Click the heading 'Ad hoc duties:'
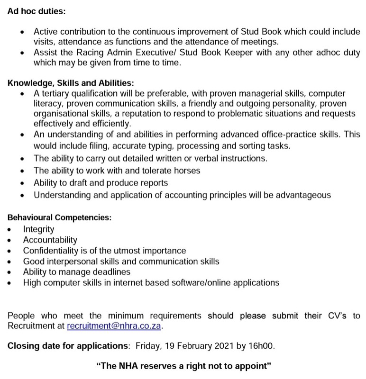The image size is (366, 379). (x=37, y=10)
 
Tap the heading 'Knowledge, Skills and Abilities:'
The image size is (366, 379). (x=71, y=83)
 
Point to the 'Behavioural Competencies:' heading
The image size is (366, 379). (x=60, y=218)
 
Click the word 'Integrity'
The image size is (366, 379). (x=38, y=229)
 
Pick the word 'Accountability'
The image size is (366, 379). (x=50, y=240)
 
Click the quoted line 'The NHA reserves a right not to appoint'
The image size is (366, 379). (x=184, y=366)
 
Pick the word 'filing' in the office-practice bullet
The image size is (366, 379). (x=100, y=145)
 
